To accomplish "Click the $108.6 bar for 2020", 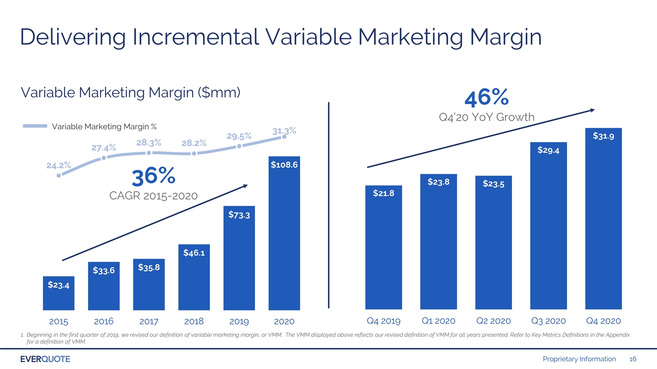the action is pyautogui.click(x=284, y=233).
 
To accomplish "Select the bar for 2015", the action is pyautogui.click(x=59, y=293).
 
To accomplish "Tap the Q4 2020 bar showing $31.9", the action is pyautogui.click(x=604, y=219).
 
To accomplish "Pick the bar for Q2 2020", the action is pyautogui.click(x=493, y=243).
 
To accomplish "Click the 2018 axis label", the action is pyautogui.click(x=194, y=322).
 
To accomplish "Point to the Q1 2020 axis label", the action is pyautogui.click(x=438, y=321).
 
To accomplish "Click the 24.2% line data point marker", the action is pyautogui.click(x=59, y=176).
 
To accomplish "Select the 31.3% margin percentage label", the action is pyautogui.click(x=284, y=131).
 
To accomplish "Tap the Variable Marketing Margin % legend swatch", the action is pyautogui.click(x=35, y=126).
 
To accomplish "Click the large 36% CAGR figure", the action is pyautogui.click(x=154, y=176).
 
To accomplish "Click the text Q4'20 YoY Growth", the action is pyautogui.click(x=487, y=117).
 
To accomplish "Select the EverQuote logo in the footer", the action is pyautogui.click(x=45, y=359).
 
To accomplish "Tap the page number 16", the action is pyautogui.click(x=633, y=359).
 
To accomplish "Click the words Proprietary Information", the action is pyautogui.click(x=579, y=359).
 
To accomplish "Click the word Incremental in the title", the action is pyautogui.click(x=195, y=37).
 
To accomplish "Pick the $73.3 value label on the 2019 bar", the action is pyautogui.click(x=239, y=215).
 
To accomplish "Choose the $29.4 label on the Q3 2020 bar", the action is pyautogui.click(x=548, y=150).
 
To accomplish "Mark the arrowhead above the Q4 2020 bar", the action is pyautogui.click(x=592, y=111).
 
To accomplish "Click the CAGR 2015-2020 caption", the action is pyautogui.click(x=154, y=196).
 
